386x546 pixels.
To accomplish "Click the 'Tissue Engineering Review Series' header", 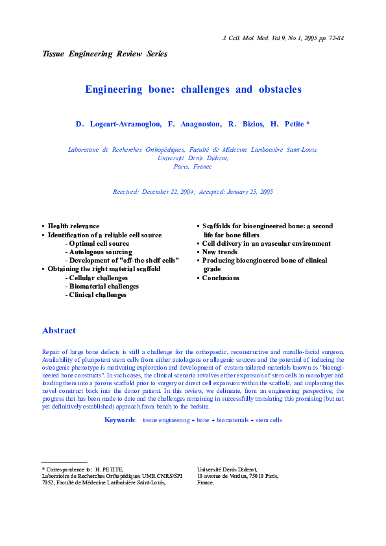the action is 104,54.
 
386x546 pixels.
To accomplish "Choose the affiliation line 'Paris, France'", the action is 193,167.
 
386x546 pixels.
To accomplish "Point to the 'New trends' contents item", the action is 220,252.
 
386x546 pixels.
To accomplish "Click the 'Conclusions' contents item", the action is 221,278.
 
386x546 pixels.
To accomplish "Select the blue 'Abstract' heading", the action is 59,331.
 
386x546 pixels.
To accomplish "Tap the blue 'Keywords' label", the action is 120,420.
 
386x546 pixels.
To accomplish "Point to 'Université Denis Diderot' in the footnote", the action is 227,468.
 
